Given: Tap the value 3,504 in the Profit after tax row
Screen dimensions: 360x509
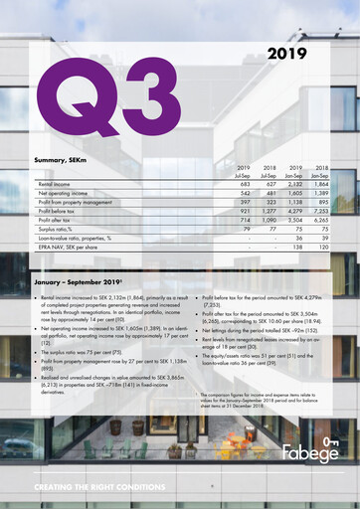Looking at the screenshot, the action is tap(293, 221).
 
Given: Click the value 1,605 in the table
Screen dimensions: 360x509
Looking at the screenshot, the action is tap(293, 194).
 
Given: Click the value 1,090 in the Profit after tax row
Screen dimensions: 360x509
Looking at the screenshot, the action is tap(267, 221).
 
